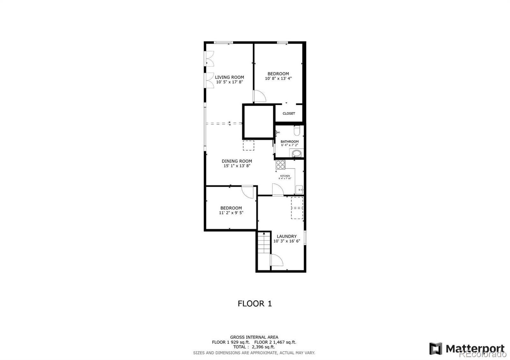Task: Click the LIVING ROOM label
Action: (x=229, y=77)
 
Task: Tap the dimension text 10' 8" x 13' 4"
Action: (x=278, y=78)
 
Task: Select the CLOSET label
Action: (x=289, y=113)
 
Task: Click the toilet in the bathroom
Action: (x=297, y=130)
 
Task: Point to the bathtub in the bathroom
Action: (x=296, y=154)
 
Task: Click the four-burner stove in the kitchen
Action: (x=280, y=165)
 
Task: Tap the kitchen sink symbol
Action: (x=299, y=189)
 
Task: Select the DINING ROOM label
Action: (x=237, y=161)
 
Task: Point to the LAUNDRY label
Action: (x=287, y=236)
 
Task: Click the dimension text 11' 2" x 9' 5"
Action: (x=231, y=213)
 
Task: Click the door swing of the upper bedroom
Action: (x=259, y=96)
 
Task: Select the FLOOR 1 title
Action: (x=255, y=304)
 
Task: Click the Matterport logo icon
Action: (x=436, y=349)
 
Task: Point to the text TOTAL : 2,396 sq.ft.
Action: (x=254, y=347)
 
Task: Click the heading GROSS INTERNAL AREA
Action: (x=254, y=337)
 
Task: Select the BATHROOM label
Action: (x=289, y=141)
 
